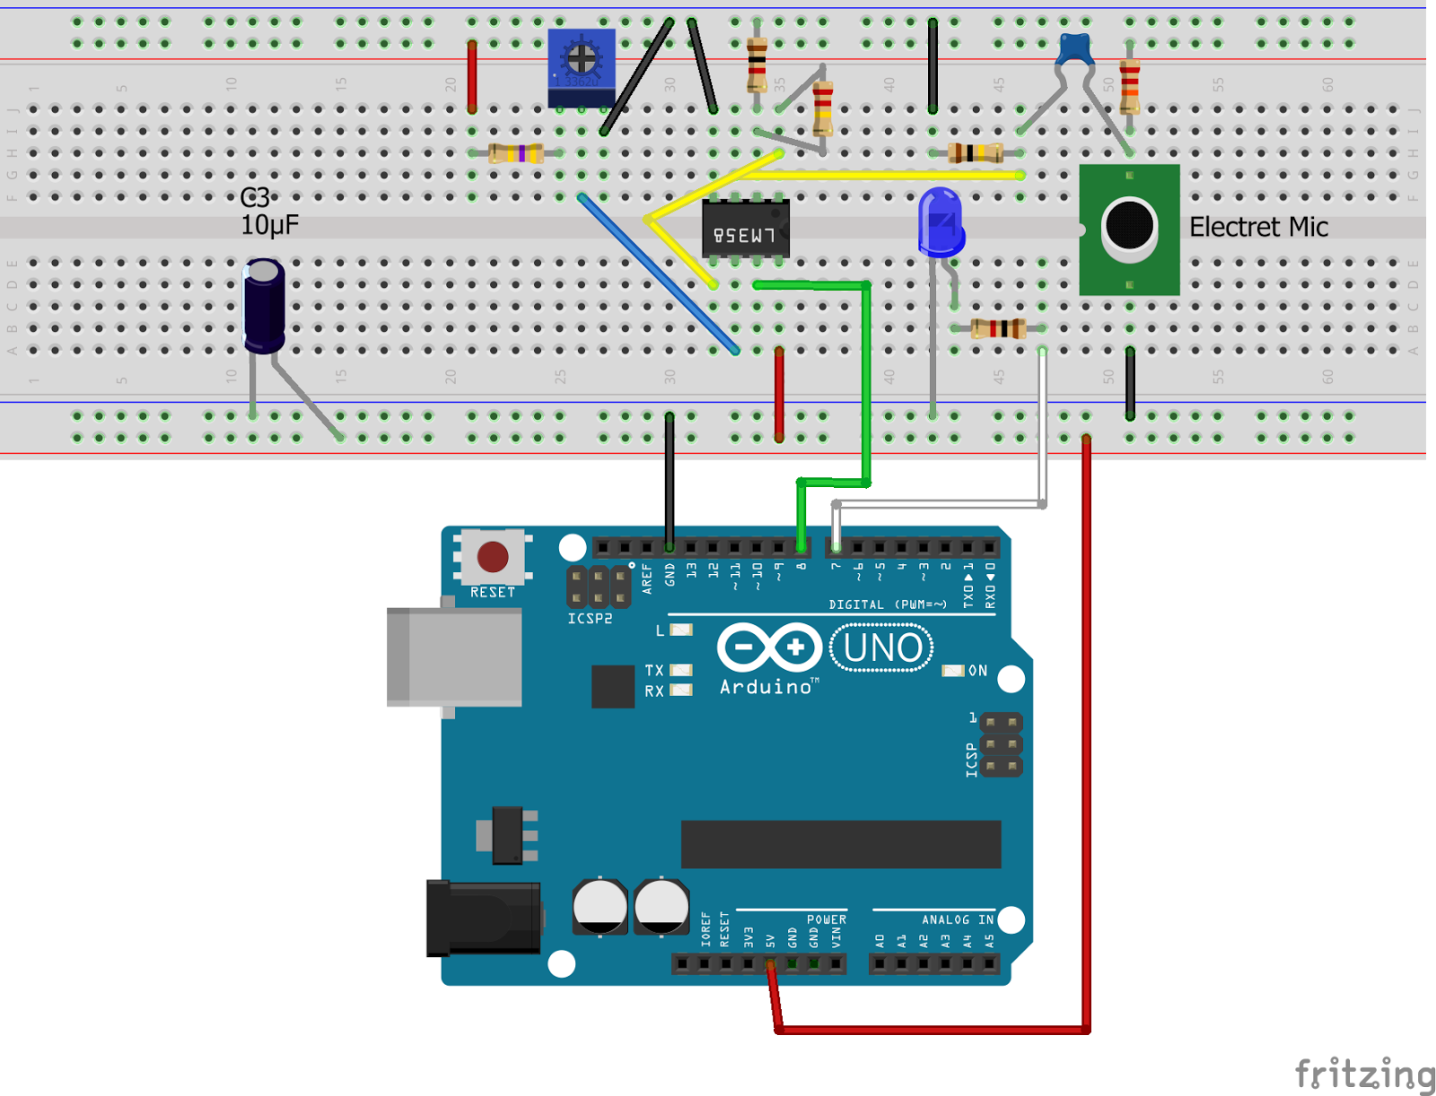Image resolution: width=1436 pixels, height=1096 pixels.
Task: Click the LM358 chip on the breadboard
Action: [x=744, y=230]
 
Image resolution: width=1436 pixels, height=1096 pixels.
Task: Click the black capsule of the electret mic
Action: [x=1128, y=225]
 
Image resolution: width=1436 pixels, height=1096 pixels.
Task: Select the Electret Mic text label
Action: [x=1257, y=227]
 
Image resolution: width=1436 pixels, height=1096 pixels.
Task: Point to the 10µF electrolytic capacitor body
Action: [x=265, y=305]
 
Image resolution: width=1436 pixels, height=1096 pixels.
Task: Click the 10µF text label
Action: [x=268, y=225]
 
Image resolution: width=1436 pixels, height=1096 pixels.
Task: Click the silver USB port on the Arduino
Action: [x=454, y=657]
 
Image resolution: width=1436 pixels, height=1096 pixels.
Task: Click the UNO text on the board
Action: [x=882, y=648]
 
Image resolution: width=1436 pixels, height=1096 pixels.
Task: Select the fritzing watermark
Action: [x=1363, y=1073]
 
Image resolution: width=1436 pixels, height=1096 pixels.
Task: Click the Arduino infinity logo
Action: [x=769, y=647]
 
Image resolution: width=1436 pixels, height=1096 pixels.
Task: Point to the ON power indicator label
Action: [x=977, y=670]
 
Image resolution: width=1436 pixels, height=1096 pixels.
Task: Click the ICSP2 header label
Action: [x=590, y=619]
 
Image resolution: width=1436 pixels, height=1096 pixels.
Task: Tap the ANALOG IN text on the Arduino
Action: [x=957, y=919]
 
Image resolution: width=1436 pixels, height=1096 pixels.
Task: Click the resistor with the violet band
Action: [x=516, y=153]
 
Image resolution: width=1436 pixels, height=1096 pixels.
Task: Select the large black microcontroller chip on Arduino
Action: [x=840, y=844]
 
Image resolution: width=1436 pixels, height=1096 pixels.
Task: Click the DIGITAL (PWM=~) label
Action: [x=887, y=605]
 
